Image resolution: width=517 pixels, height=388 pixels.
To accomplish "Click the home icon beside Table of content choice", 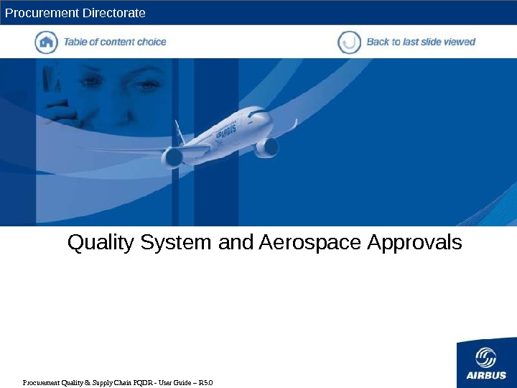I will coord(46,42).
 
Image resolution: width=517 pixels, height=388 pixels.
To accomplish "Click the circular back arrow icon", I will coord(349,42).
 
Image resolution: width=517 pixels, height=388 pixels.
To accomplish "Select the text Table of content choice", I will coord(115,42).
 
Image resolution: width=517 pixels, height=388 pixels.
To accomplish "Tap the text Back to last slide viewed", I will coord(421,42).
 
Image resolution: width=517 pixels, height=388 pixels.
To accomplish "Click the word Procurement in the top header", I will coord(39,13).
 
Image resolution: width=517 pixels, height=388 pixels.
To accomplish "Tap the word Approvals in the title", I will coord(414,244).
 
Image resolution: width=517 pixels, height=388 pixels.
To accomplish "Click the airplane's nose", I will coord(267,116).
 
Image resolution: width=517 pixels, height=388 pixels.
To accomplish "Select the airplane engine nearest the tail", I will coord(173,157).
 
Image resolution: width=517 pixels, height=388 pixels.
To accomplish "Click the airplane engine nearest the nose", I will coord(267,147).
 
